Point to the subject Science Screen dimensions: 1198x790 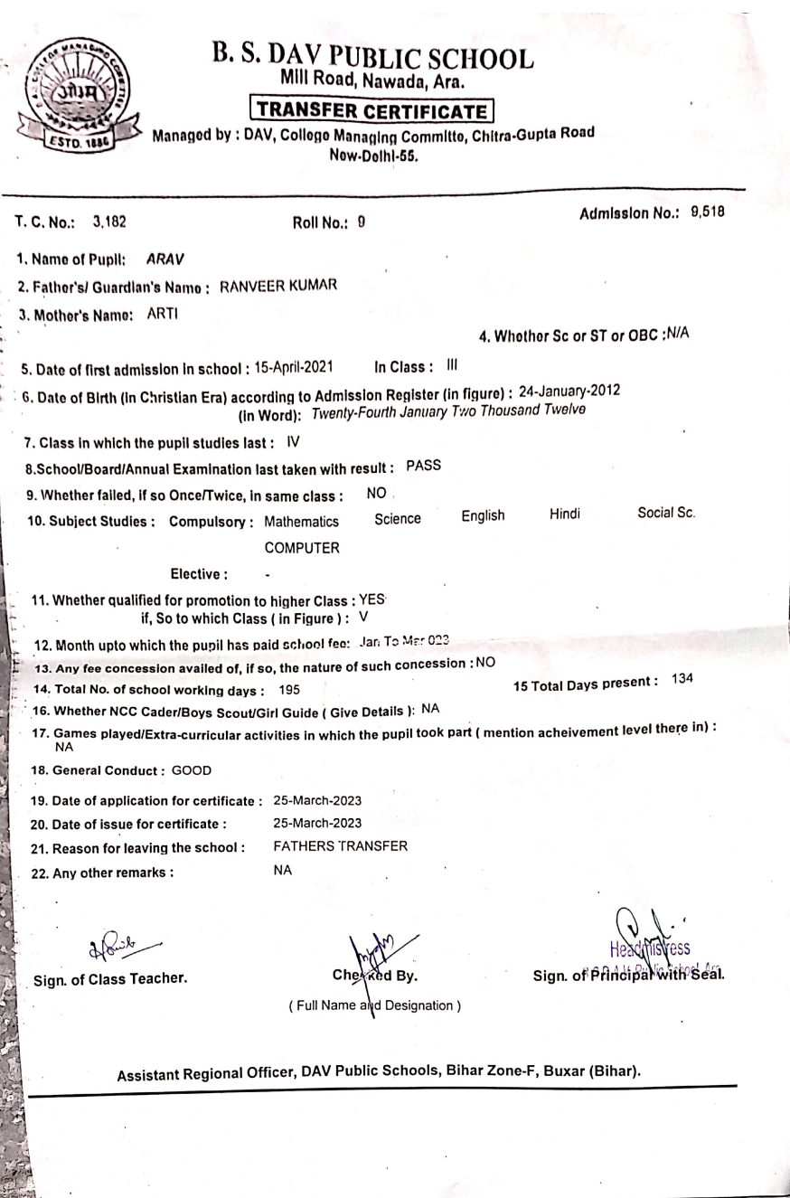[x=398, y=518]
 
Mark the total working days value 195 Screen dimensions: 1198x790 [x=290, y=689]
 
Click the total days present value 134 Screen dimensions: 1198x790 [x=688, y=678]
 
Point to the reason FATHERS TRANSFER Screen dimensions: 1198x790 [x=340, y=846]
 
